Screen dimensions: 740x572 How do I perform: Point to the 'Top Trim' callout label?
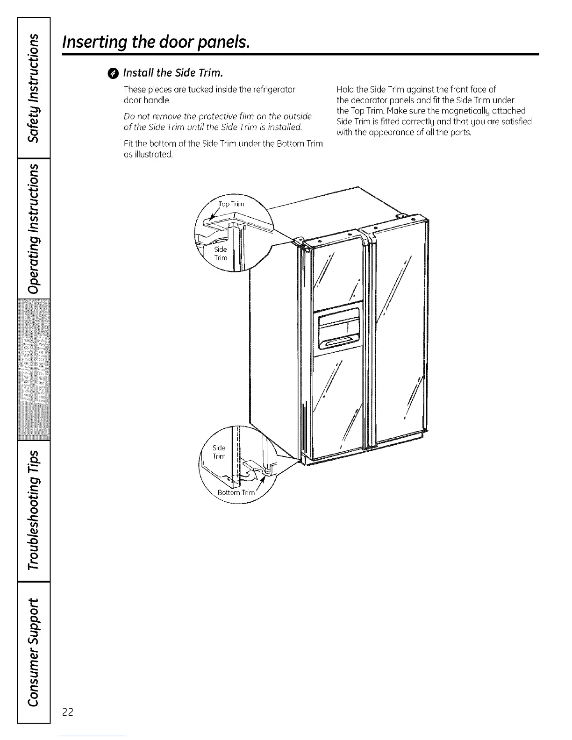tap(231, 204)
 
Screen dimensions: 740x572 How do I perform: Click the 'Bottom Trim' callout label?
tap(236, 492)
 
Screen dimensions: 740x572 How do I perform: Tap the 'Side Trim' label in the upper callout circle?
tap(221, 254)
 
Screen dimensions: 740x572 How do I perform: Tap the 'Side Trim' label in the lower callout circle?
tap(219, 452)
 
